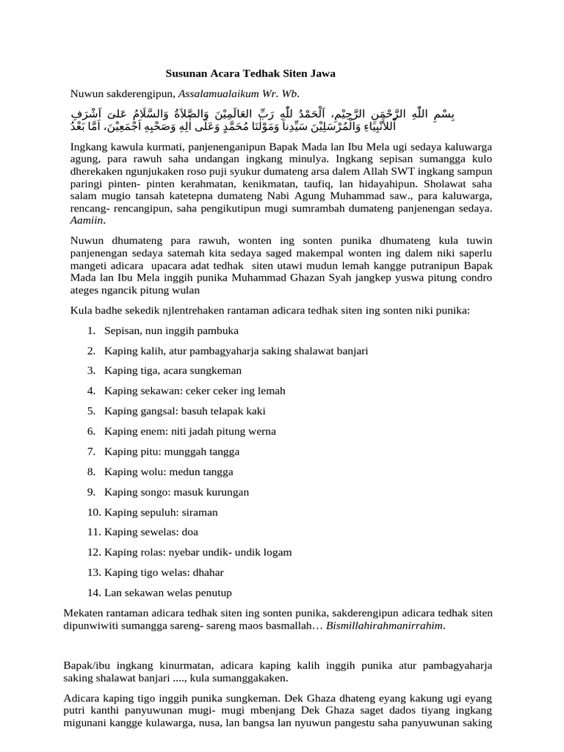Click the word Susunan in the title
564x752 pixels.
click(x=187, y=74)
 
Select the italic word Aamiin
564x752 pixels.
click(x=85, y=220)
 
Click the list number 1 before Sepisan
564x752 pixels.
click(x=91, y=330)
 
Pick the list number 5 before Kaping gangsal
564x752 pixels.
click(x=91, y=411)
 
